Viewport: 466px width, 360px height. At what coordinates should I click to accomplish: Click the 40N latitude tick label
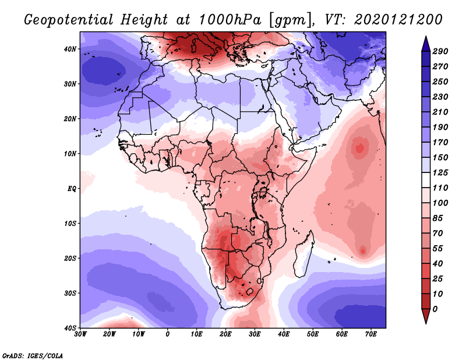pos(70,49)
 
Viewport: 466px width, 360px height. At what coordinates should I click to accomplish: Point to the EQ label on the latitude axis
pos(72,189)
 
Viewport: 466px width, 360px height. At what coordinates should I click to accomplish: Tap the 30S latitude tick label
pos(70,293)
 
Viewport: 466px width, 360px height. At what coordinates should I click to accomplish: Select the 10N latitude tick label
pos(70,154)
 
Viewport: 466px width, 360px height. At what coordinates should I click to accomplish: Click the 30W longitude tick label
pos(80,334)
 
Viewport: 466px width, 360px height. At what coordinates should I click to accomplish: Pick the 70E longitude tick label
pos(371,334)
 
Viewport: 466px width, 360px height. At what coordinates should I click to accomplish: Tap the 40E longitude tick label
pos(284,334)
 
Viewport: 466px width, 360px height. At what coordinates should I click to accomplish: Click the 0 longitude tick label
pos(168,334)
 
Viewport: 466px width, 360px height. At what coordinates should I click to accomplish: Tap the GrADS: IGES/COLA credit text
pos(32,354)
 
